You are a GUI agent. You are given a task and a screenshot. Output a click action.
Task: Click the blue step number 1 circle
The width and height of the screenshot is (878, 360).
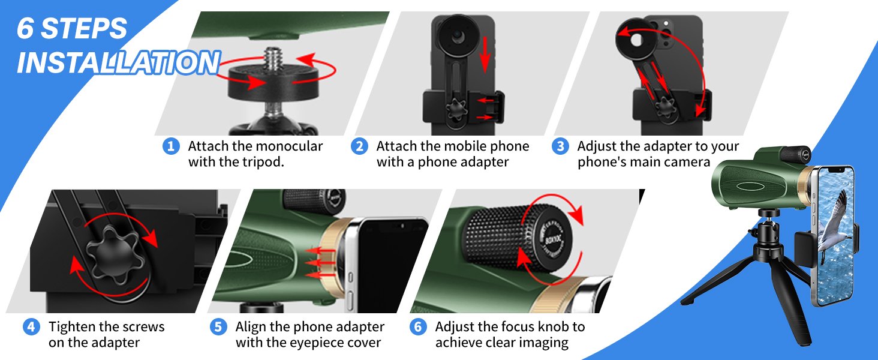[171, 146]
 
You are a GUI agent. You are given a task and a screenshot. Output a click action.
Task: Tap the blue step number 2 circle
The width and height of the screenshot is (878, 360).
[359, 146]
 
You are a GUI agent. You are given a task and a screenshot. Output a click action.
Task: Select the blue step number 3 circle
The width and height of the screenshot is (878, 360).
[560, 146]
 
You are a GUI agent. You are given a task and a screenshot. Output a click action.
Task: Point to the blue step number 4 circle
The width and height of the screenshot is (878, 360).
[31, 327]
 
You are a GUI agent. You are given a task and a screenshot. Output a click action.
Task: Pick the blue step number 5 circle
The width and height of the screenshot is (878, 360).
[218, 327]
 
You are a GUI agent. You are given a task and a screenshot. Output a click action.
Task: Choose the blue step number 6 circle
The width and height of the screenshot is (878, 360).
[418, 327]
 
